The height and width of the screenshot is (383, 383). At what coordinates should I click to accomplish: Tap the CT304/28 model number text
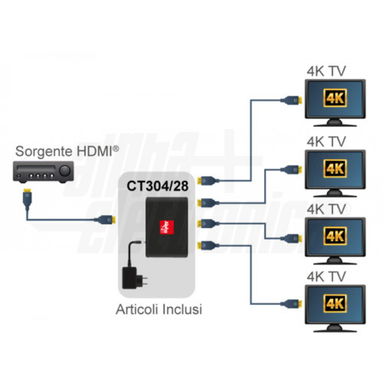click(158, 186)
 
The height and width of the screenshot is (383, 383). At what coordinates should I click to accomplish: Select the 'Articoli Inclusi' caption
click(159, 309)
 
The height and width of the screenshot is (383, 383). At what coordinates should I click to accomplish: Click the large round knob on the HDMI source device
click(65, 171)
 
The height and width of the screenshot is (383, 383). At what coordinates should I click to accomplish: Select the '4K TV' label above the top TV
click(327, 71)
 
